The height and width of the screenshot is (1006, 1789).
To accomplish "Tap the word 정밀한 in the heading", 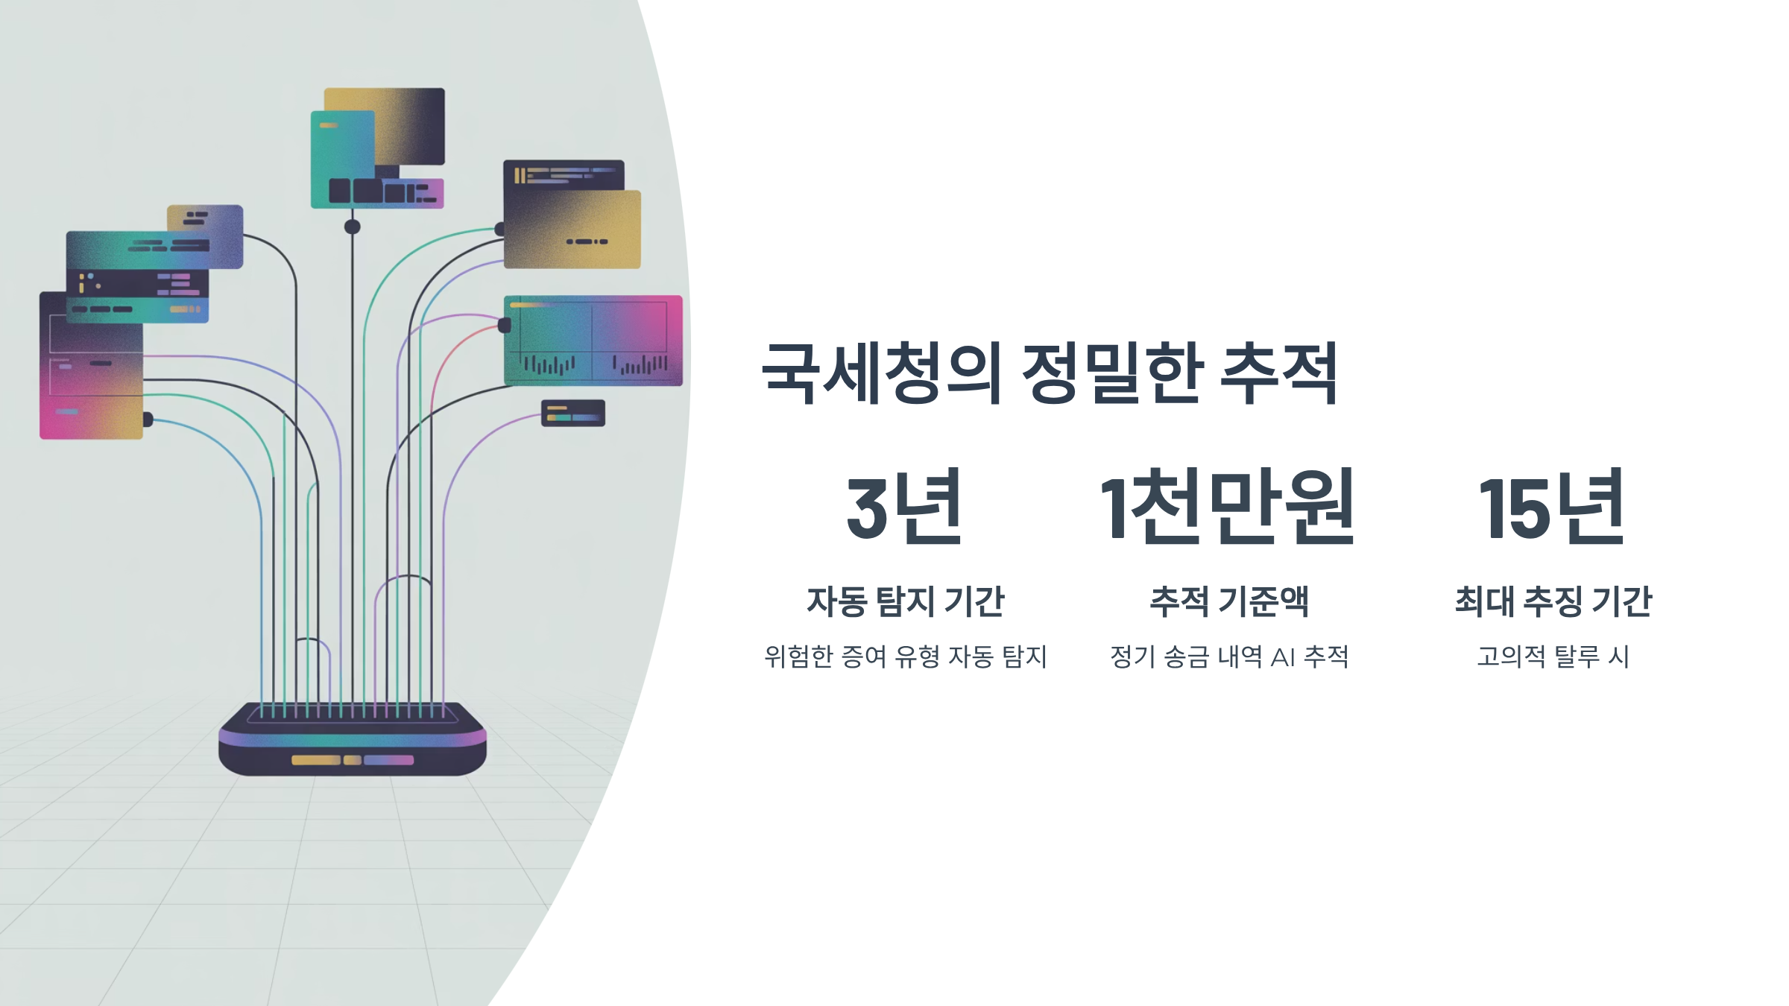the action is coord(1111,373).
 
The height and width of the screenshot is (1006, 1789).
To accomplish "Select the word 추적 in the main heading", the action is coord(1279,373).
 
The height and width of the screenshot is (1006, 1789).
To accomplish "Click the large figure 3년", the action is coord(905,507).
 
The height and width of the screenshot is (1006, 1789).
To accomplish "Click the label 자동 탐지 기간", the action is coord(905,601).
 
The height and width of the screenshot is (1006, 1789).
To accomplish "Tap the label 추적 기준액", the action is coord(1229,601).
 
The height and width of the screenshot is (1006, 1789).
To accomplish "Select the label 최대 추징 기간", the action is coord(1553,601).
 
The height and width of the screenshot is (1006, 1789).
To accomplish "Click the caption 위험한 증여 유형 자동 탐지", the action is coord(905,657).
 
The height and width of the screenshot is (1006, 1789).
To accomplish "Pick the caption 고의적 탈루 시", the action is coord(1553,657).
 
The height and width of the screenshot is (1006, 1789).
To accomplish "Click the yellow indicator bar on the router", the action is coord(315,760).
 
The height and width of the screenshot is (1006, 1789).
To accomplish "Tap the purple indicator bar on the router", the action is coord(388,760).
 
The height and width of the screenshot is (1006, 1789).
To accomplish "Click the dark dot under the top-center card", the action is coord(353,227).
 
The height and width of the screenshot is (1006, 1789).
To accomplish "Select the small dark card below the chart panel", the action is coord(572,413).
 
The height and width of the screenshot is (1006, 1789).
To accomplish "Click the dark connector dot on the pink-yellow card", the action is coord(148,420).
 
